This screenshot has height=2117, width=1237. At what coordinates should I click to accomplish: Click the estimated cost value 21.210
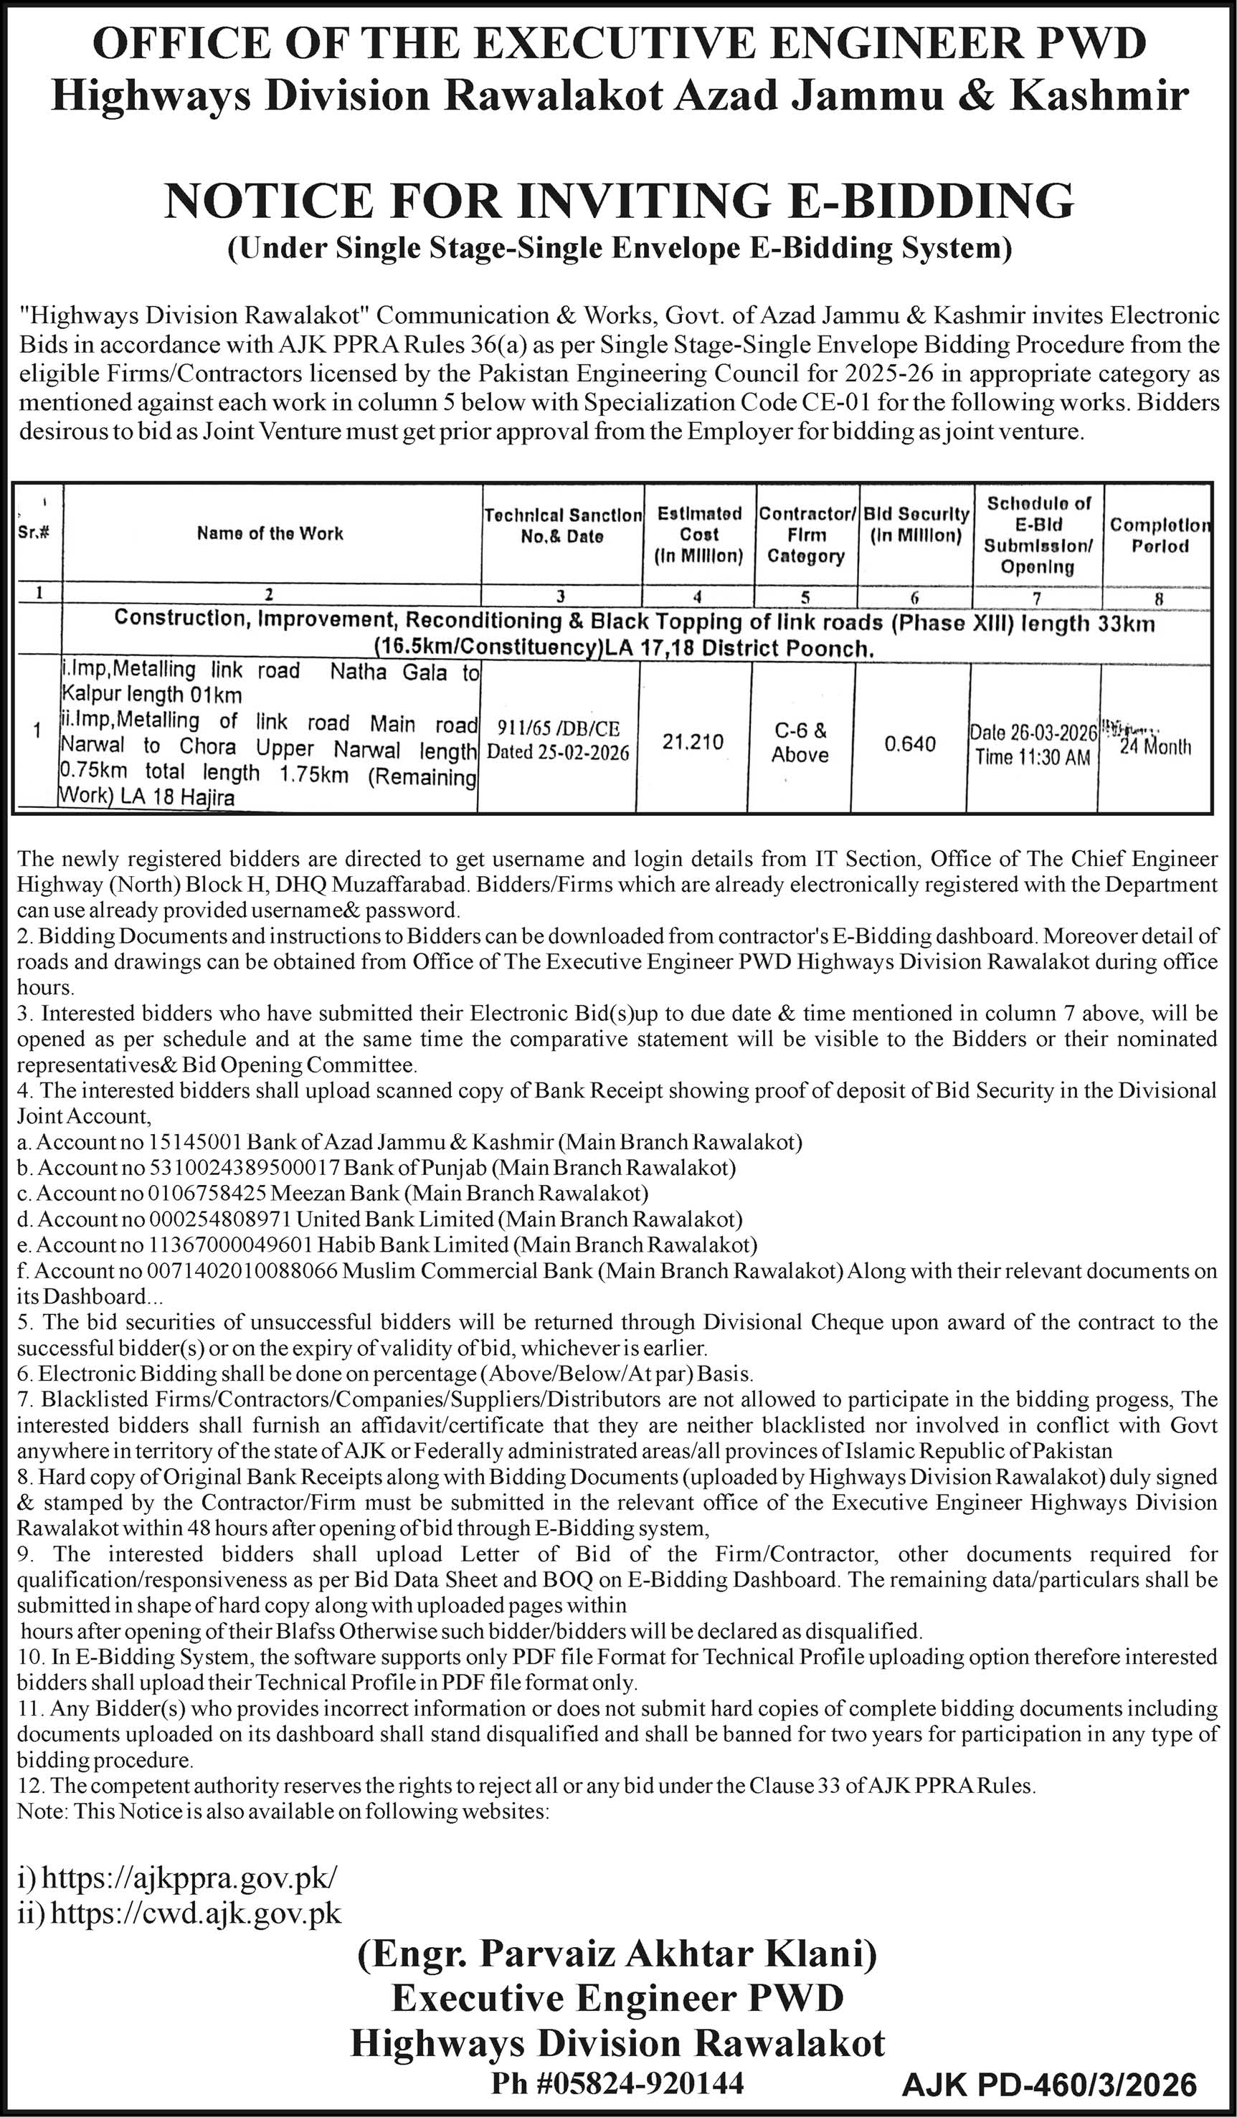pos(693,742)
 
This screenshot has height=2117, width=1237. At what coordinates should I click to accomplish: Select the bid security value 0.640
pos(910,743)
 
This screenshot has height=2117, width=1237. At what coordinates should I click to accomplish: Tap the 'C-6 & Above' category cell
pos(800,743)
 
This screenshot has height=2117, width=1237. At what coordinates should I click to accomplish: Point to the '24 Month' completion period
pos(1155,746)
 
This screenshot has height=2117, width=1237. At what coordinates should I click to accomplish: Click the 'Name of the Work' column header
pos(270,533)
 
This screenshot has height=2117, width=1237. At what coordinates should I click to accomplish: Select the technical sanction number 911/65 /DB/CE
pos(558,728)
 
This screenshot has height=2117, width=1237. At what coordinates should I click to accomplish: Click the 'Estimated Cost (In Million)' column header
pos(699,533)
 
